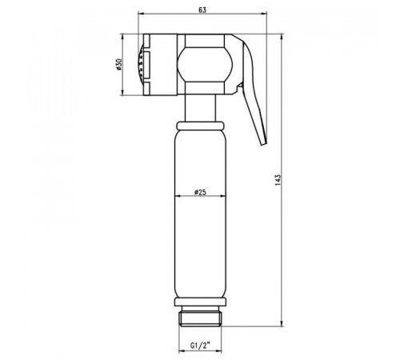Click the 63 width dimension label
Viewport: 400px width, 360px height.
(202, 10)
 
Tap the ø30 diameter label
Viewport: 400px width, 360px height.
(119, 64)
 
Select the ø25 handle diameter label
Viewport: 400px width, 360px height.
(200, 192)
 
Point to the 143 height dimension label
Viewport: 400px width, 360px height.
(278, 180)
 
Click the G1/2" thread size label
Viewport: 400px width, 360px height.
(200, 346)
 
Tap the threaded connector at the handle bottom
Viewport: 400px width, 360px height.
(200, 319)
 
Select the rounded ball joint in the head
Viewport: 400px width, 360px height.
(205, 64)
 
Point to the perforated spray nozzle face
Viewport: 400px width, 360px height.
(140, 65)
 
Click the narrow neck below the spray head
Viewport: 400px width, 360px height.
(200, 108)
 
